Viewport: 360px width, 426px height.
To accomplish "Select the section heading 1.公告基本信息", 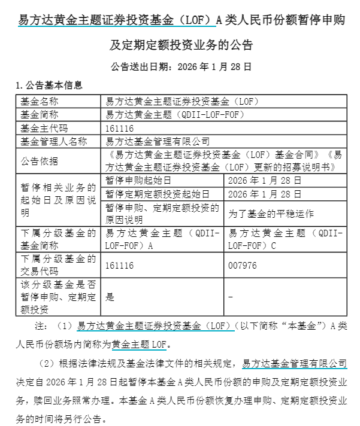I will [x=49, y=86].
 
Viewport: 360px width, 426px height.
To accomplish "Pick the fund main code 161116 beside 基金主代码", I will [x=119, y=128].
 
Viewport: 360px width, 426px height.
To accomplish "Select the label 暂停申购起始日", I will [x=138, y=180].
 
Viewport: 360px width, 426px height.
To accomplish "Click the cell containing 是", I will [x=110, y=297].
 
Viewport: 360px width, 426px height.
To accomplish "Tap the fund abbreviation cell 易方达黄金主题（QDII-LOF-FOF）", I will [x=175, y=114].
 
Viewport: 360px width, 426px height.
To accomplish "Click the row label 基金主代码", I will [x=44, y=128].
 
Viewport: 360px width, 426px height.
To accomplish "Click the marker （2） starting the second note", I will [x=47, y=364].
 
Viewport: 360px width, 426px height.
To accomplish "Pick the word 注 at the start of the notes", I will [x=40, y=327].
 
